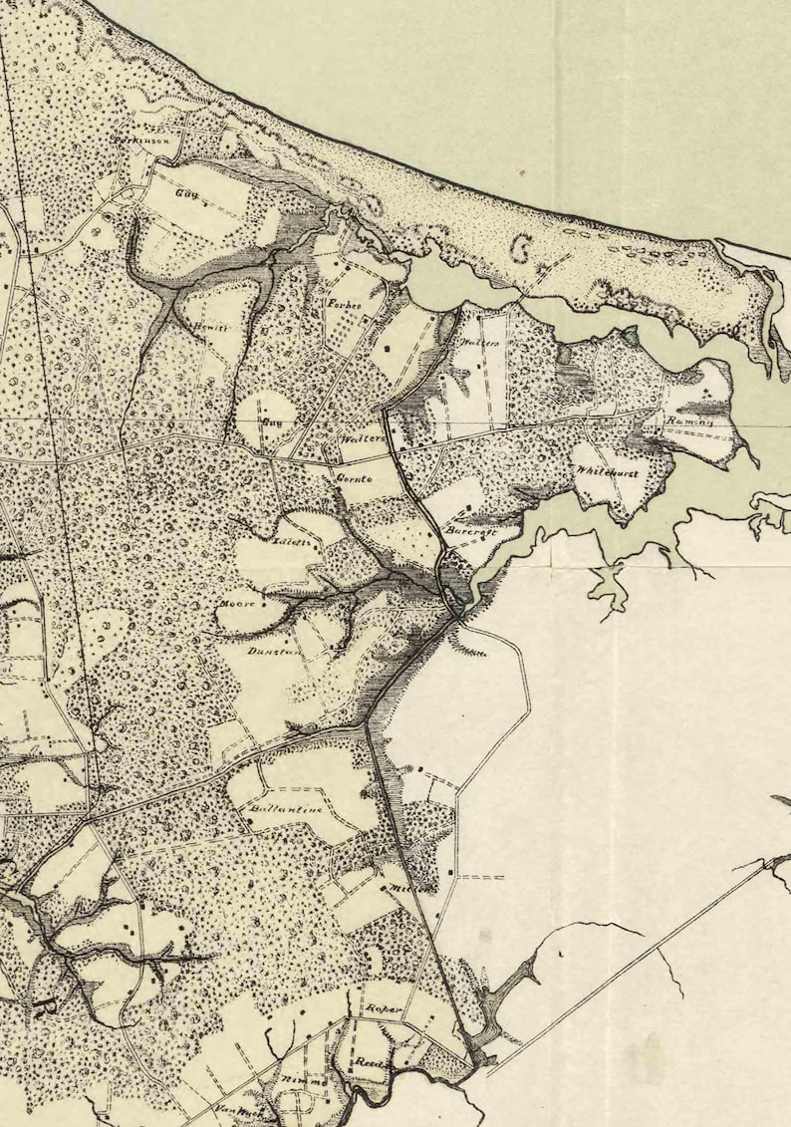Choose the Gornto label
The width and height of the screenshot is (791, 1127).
(353, 479)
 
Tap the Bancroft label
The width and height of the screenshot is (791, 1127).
(465, 533)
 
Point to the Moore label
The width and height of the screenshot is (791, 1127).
(244, 604)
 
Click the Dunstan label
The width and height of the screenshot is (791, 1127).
(267, 652)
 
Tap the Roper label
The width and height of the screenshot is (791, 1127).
(384, 1010)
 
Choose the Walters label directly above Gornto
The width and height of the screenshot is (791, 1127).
(363, 439)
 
